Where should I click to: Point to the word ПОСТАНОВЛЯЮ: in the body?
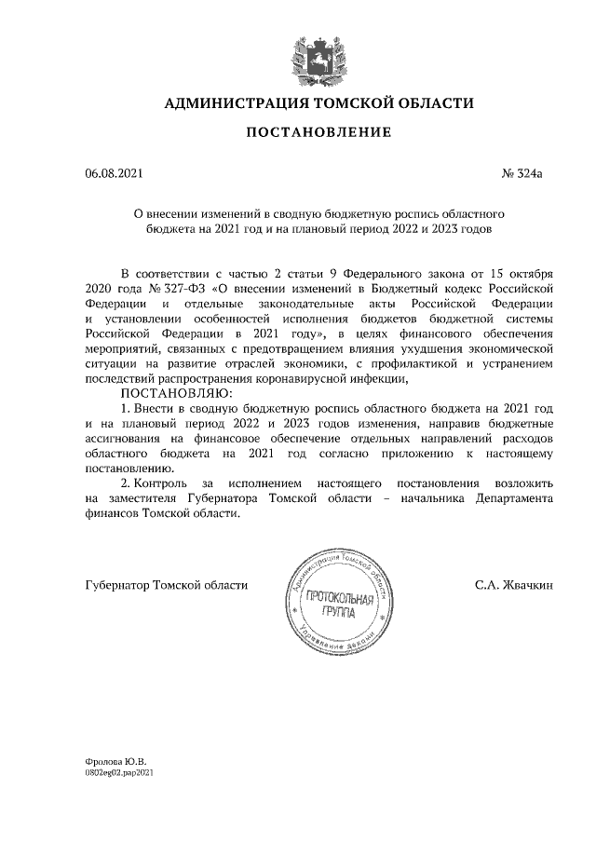pyautogui.click(x=168, y=394)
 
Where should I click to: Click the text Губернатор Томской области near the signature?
pyautogui.click(x=166, y=585)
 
